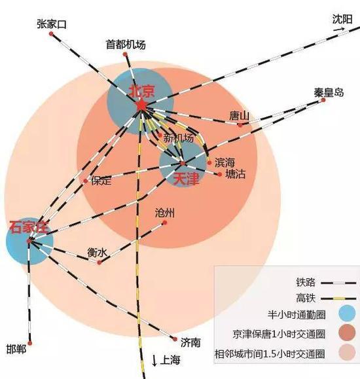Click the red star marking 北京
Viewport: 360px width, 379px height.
[x=141, y=105]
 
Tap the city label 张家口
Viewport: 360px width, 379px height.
[x=52, y=24]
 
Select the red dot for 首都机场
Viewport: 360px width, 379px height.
[x=125, y=54]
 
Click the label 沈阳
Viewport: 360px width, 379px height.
[x=342, y=20]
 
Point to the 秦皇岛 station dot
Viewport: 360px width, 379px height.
[x=323, y=100]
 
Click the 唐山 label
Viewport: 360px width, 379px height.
[x=239, y=116]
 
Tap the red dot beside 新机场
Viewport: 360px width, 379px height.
[x=160, y=135]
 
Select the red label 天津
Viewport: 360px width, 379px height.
[x=186, y=179]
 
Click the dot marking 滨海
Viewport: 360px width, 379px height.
[x=209, y=163]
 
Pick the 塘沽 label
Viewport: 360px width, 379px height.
[x=235, y=174]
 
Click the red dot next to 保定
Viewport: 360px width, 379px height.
[x=85, y=181]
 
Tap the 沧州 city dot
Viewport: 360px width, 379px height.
[x=165, y=223]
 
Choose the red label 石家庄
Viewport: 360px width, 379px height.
[x=29, y=226]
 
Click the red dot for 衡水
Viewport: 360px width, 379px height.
[x=99, y=262]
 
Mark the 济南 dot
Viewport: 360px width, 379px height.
[x=175, y=339]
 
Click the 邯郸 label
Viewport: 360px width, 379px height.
[x=16, y=350]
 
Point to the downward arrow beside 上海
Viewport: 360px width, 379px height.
[x=154, y=361]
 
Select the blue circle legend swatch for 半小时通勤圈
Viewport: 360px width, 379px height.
[x=347, y=313]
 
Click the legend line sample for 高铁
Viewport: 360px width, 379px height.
[x=338, y=298]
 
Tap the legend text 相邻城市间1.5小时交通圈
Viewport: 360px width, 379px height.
[x=270, y=354]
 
